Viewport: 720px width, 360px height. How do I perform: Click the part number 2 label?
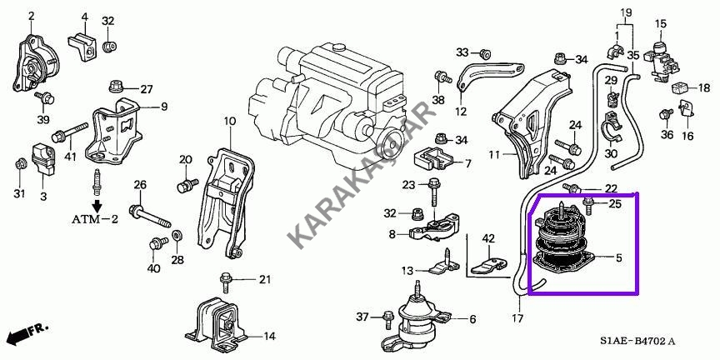pos(31,17)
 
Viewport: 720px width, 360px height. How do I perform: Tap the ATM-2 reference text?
pos(95,219)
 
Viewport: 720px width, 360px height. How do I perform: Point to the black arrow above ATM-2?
pos(97,204)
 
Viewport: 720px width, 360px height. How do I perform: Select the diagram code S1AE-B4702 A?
pos(637,342)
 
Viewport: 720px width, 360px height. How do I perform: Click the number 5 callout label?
pos(618,258)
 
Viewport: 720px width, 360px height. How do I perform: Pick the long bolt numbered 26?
pos(150,217)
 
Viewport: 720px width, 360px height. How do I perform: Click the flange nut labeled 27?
pos(115,87)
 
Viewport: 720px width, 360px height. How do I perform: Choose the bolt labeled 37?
pos(387,319)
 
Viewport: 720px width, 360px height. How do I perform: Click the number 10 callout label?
pos(229,122)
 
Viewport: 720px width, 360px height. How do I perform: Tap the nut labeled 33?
pos(483,52)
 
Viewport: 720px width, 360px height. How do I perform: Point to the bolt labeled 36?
pos(665,114)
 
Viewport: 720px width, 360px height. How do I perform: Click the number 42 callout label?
pos(488,238)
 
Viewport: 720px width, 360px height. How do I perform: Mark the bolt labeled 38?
pos(441,77)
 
